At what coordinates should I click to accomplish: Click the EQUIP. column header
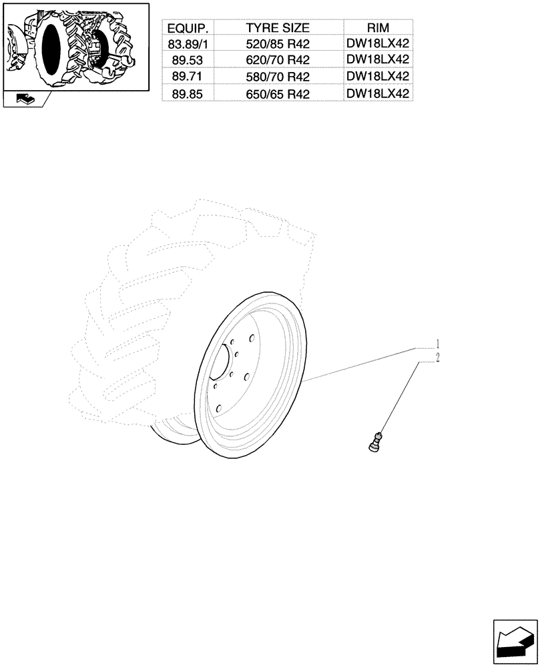pyautogui.click(x=188, y=28)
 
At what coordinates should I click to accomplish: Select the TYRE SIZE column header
pyautogui.click(x=278, y=28)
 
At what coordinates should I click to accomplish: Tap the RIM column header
pyautogui.click(x=378, y=28)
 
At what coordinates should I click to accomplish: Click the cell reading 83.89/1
pyautogui.click(x=188, y=44)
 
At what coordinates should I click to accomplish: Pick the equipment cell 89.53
pyautogui.click(x=188, y=61)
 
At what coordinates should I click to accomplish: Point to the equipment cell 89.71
pyautogui.click(x=188, y=77)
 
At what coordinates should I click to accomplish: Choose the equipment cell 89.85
pyautogui.click(x=188, y=94)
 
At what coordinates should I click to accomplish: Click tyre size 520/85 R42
pyautogui.click(x=278, y=44)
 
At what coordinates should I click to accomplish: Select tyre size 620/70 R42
pyautogui.click(x=278, y=61)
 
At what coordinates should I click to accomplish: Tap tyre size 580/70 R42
pyautogui.click(x=278, y=77)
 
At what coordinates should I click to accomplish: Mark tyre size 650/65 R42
pyautogui.click(x=278, y=94)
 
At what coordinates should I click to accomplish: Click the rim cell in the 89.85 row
pyautogui.click(x=378, y=94)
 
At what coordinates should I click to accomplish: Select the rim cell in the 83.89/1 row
pyautogui.click(x=378, y=44)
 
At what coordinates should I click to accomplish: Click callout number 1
pyautogui.click(x=437, y=344)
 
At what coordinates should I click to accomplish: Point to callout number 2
pyautogui.click(x=437, y=359)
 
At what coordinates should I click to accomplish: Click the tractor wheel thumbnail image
pyautogui.click(x=75, y=45)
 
